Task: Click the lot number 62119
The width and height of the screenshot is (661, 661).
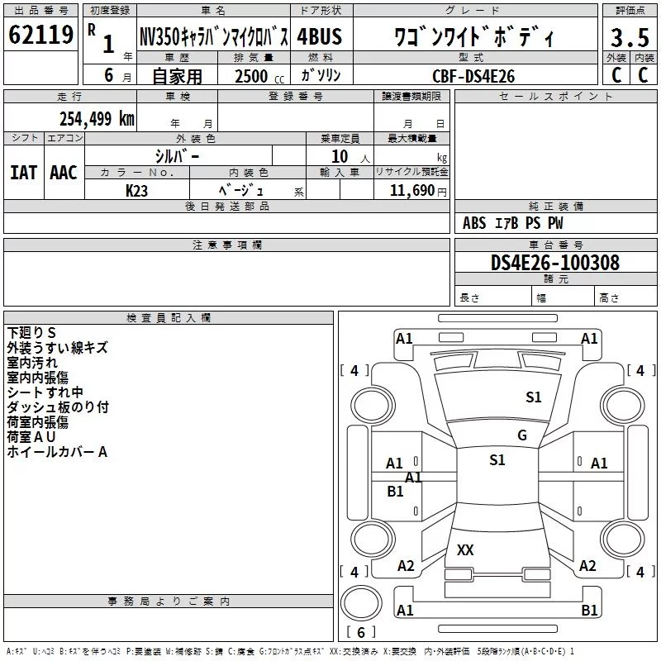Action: pyautogui.click(x=40, y=35)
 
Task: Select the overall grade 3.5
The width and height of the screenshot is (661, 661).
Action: pyautogui.click(x=630, y=37)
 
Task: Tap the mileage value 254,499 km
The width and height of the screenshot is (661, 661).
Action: pyautogui.click(x=97, y=119)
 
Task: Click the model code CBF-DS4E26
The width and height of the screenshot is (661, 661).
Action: pyautogui.click(x=473, y=76)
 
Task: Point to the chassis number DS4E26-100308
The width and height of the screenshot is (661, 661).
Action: pyautogui.click(x=555, y=263)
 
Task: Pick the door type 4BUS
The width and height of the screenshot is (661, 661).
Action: pyautogui.click(x=320, y=36)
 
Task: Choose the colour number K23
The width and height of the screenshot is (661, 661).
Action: pyautogui.click(x=136, y=191)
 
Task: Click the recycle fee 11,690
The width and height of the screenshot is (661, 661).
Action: pyautogui.click(x=411, y=191)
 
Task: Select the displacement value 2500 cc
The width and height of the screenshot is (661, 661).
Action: pyautogui.click(x=259, y=76)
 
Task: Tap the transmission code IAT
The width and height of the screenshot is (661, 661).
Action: pyautogui.click(x=24, y=173)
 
